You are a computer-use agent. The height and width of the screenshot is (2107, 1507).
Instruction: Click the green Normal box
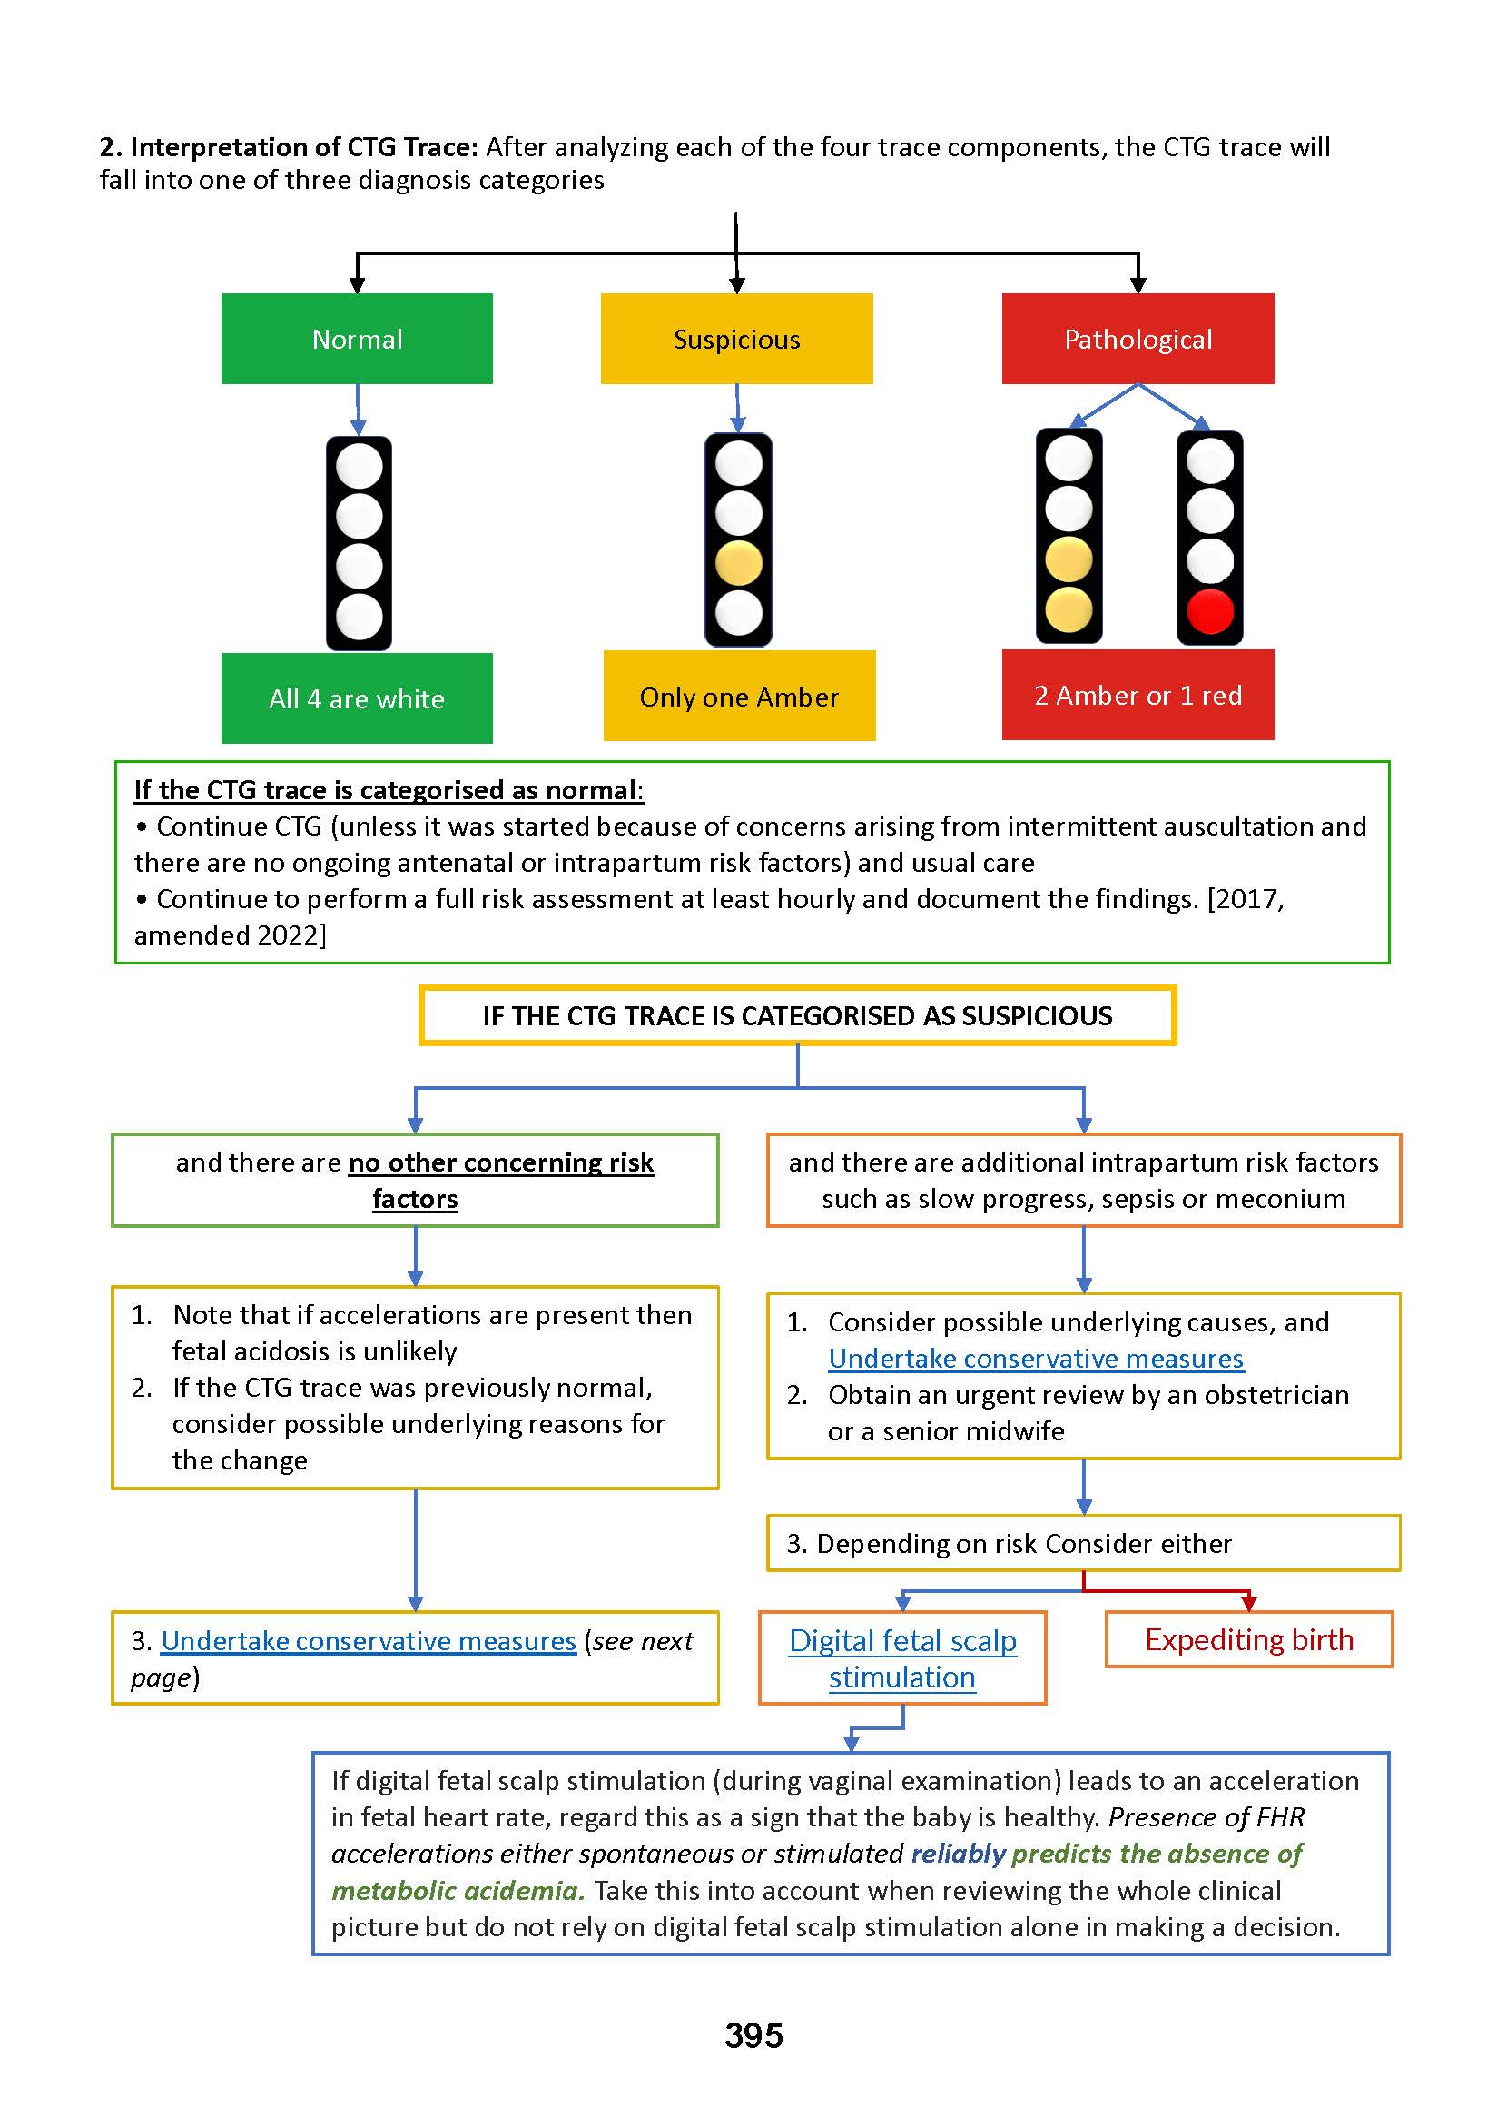[357, 339]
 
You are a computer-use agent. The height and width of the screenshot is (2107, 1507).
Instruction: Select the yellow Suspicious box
[736, 339]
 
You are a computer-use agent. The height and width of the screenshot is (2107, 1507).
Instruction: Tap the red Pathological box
[1137, 339]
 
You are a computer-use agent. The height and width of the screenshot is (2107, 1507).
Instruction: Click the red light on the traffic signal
[1209, 610]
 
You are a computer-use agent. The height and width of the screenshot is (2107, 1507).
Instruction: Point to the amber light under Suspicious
[738, 563]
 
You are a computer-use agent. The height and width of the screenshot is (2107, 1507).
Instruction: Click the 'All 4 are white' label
[357, 698]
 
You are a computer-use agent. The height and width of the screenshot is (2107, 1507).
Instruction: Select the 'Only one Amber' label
[739, 697]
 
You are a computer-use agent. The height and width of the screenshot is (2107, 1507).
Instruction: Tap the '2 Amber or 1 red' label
[1137, 694]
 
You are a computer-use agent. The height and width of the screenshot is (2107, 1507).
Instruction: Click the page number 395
[753, 2034]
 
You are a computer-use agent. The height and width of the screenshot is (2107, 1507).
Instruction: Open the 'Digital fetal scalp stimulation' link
[902, 1657]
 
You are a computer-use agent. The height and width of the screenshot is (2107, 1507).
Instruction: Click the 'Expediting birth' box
[1248, 1639]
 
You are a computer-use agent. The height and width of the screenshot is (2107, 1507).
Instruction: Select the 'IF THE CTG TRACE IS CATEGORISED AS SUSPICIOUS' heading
[796, 1015]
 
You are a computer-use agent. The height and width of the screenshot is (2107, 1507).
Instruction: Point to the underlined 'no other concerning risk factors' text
[501, 1162]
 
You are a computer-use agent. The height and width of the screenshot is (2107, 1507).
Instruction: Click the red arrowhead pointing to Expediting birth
[1248, 1602]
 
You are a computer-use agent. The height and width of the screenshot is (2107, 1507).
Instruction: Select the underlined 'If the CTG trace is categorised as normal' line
[388, 790]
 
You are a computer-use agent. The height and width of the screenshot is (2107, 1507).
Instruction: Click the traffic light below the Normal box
[359, 543]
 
